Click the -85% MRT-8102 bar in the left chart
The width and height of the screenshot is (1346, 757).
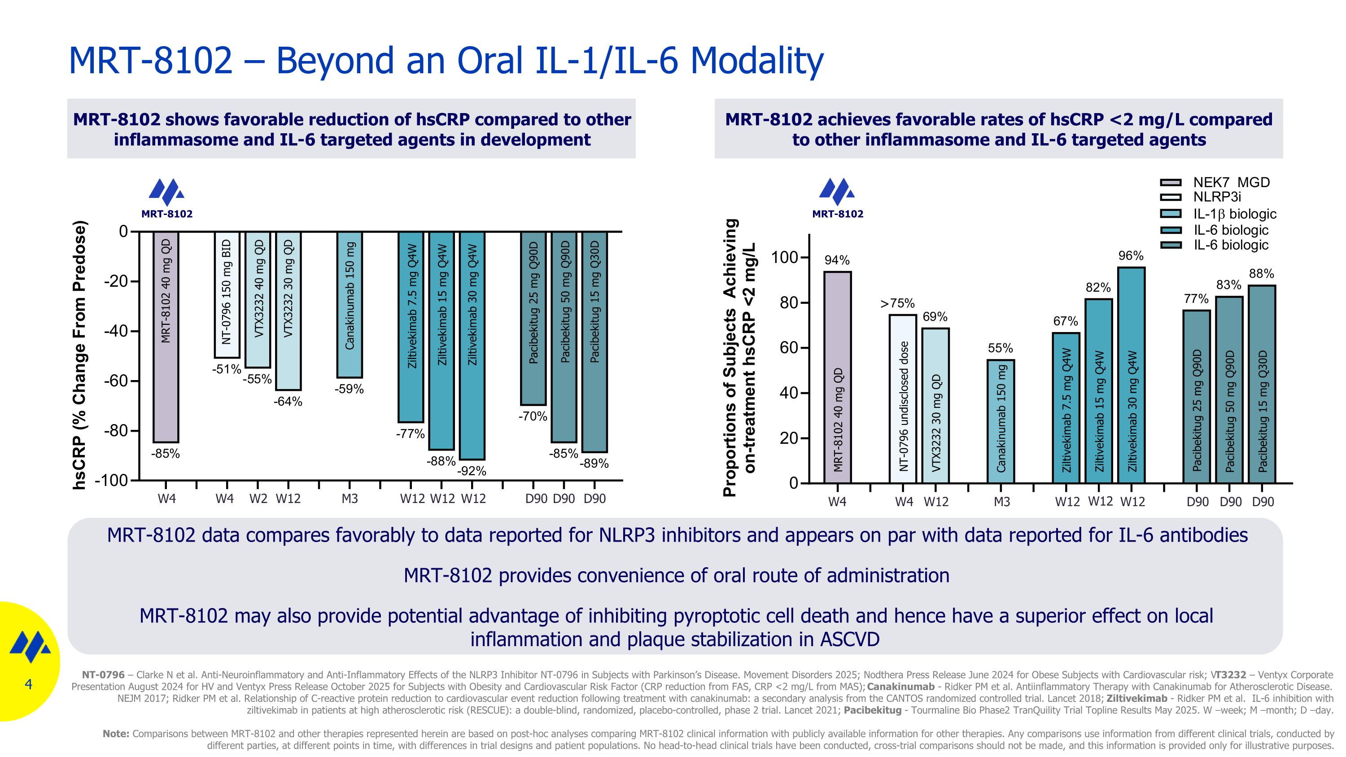(x=166, y=337)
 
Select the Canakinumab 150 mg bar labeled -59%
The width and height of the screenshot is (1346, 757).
(x=350, y=305)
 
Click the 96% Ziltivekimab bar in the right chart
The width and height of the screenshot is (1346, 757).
(x=1131, y=375)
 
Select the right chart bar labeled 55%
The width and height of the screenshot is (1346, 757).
(x=1001, y=420)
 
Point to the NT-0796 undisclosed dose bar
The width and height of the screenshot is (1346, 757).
(x=903, y=398)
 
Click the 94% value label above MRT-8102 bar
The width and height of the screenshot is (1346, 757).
(x=837, y=260)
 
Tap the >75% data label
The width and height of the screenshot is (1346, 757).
(x=898, y=303)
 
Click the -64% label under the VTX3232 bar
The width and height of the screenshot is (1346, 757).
(x=288, y=402)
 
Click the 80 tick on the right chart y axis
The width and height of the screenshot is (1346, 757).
(x=790, y=303)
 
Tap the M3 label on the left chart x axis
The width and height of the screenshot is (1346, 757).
(x=350, y=499)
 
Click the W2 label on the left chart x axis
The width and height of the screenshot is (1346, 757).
(x=258, y=499)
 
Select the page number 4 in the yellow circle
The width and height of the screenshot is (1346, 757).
(x=28, y=684)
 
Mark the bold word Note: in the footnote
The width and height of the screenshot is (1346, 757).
(x=116, y=734)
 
